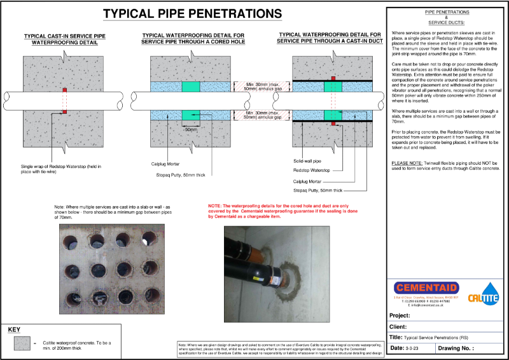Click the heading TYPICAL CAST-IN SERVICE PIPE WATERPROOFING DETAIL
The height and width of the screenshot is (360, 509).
[60, 39]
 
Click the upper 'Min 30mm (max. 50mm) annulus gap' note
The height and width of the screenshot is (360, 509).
[257, 87]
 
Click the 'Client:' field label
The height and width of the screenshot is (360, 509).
[400, 327]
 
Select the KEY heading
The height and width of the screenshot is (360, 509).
[15, 330]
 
